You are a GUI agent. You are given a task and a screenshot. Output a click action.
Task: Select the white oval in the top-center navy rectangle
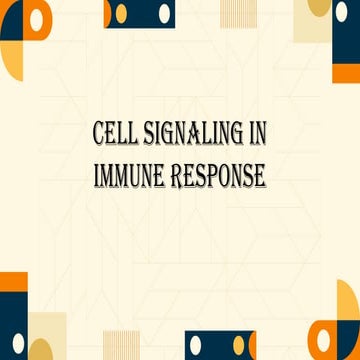[x=118, y=13]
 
